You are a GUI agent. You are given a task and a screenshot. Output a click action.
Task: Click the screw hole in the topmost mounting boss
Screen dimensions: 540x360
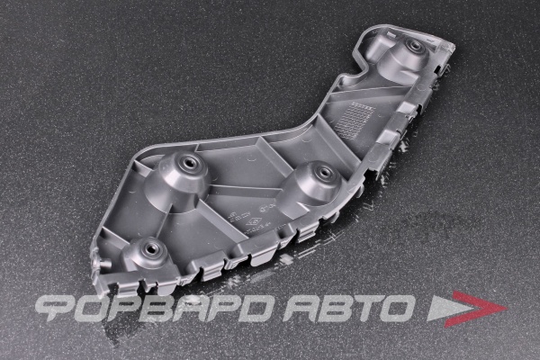point(412,44)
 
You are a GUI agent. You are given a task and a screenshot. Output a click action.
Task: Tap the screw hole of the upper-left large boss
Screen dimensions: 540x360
point(189,161)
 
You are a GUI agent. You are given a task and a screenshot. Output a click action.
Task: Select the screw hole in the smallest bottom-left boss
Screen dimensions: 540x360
point(151,247)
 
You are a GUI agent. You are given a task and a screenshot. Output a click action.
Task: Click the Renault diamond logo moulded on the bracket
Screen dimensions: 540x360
point(254,223)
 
